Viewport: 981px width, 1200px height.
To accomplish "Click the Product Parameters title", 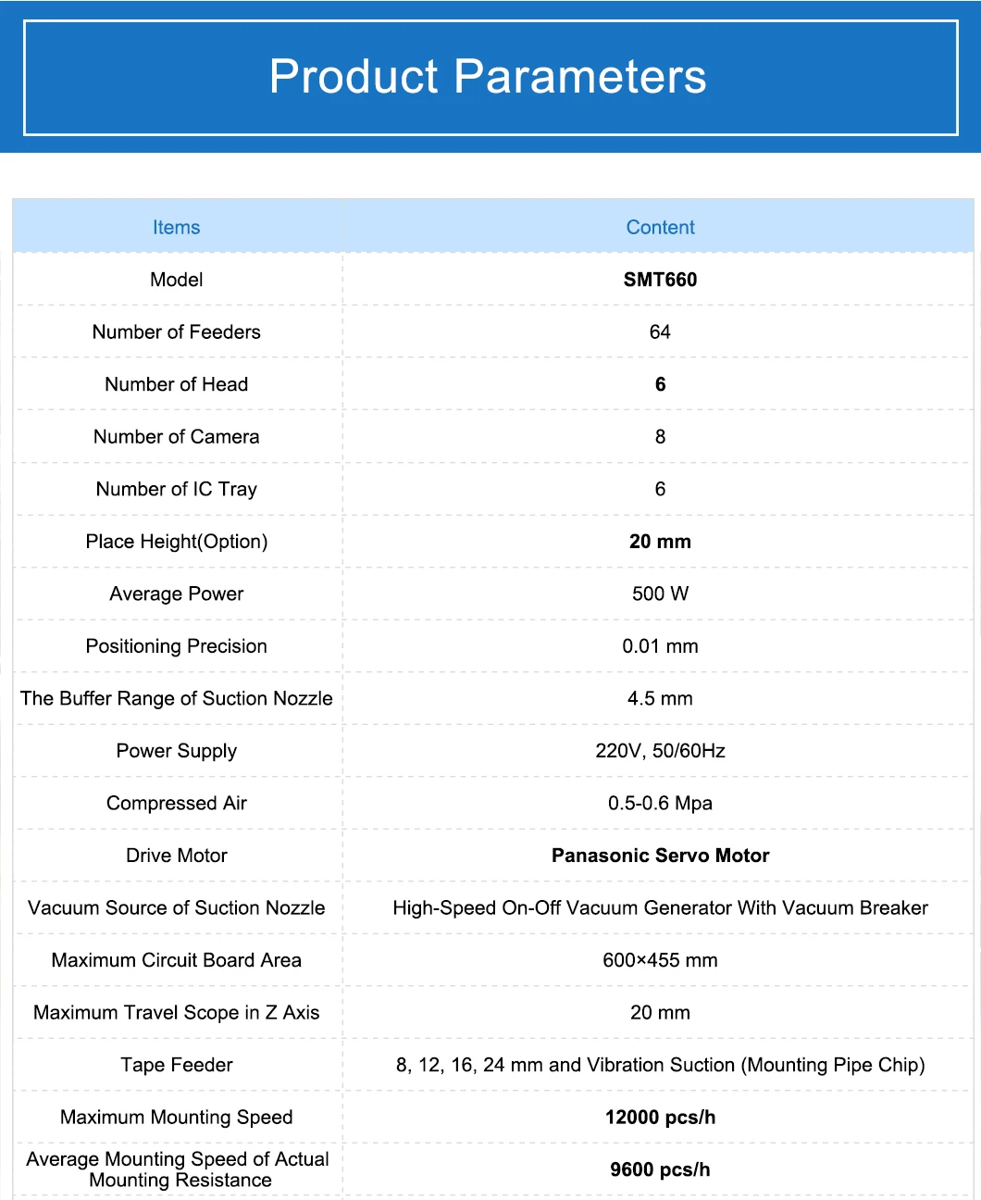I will (x=488, y=77).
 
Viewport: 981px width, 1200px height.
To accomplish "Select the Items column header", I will (x=176, y=228).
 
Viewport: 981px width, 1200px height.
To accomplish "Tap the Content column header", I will (x=660, y=228).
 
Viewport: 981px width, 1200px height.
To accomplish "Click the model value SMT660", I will (x=660, y=280).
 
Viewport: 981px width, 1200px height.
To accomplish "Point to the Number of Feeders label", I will (x=176, y=332).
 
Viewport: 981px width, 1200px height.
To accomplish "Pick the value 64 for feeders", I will (x=660, y=332).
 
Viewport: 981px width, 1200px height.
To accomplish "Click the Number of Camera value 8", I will (x=660, y=437).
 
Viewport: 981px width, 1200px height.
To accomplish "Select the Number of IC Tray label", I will (x=176, y=489).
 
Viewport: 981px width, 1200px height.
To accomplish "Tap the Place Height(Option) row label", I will (x=176, y=542).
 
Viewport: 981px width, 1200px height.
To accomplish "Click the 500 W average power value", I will (x=660, y=594).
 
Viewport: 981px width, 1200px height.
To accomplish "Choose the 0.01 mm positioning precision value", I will (x=660, y=646).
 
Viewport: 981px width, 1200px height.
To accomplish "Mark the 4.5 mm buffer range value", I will (x=660, y=699).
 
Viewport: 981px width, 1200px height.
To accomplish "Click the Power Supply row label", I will (x=176, y=751).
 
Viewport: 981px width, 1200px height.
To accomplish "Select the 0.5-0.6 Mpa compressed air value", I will (x=660, y=804).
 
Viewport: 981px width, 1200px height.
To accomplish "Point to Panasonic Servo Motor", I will (x=660, y=856).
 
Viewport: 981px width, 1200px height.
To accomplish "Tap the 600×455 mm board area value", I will (x=660, y=960).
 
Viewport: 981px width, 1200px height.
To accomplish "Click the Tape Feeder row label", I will (x=176, y=1065).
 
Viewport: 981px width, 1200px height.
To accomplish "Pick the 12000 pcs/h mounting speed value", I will (x=660, y=1118).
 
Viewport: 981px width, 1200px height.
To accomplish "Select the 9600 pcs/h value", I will (x=660, y=1169).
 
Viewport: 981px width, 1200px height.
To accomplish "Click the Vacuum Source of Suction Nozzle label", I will (x=176, y=908).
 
